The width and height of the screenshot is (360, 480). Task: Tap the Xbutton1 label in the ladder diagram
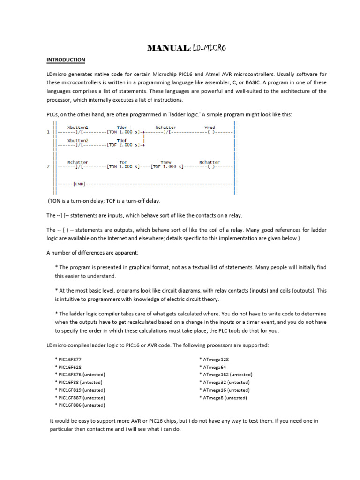pos(78,127)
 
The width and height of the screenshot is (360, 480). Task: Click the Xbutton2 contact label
pos(78,140)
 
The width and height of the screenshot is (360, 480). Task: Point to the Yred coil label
pos(210,127)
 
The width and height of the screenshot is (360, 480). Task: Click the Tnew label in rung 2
pos(166,162)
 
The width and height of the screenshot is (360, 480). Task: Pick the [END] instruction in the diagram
pos(79,184)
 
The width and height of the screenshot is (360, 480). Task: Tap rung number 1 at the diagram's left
pos(48,132)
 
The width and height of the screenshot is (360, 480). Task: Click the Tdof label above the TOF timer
pos(121,140)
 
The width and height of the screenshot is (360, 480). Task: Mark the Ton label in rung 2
pos(123,162)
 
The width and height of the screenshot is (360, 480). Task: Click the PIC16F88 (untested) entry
pos(78,382)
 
